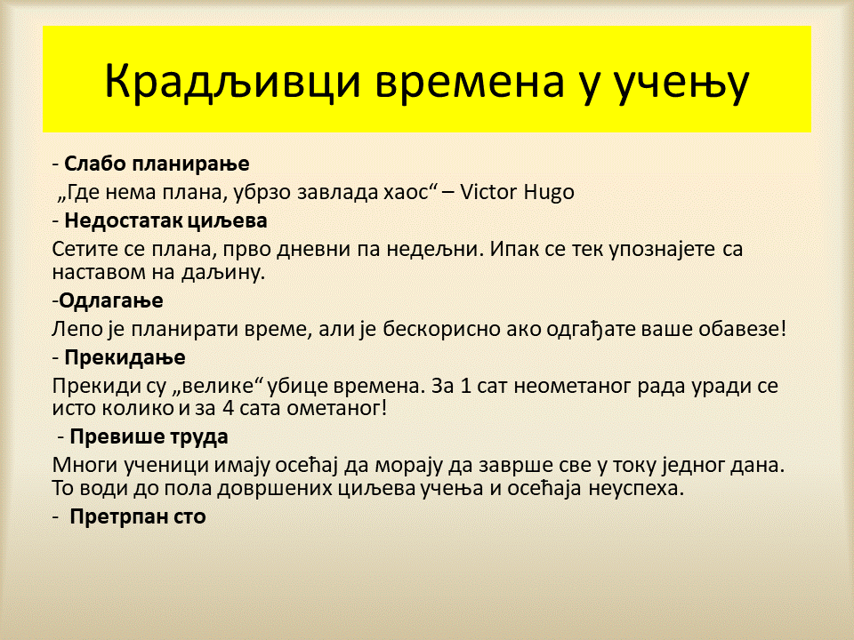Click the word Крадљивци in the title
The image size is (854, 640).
(232, 81)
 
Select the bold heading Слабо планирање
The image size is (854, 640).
(157, 164)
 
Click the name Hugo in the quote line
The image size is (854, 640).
(549, 193)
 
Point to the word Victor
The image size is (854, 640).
(488, 192)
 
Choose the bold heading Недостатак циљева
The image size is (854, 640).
(166, 220)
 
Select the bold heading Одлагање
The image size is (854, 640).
(111, 300)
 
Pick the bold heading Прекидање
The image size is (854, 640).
(125, 357)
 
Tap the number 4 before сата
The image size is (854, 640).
(229, 408)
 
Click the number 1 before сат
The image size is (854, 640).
(465, 386)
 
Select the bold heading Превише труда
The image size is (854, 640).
(149, 437)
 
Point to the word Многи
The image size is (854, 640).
(85, 465)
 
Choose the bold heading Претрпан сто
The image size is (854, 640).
(138, 516)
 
